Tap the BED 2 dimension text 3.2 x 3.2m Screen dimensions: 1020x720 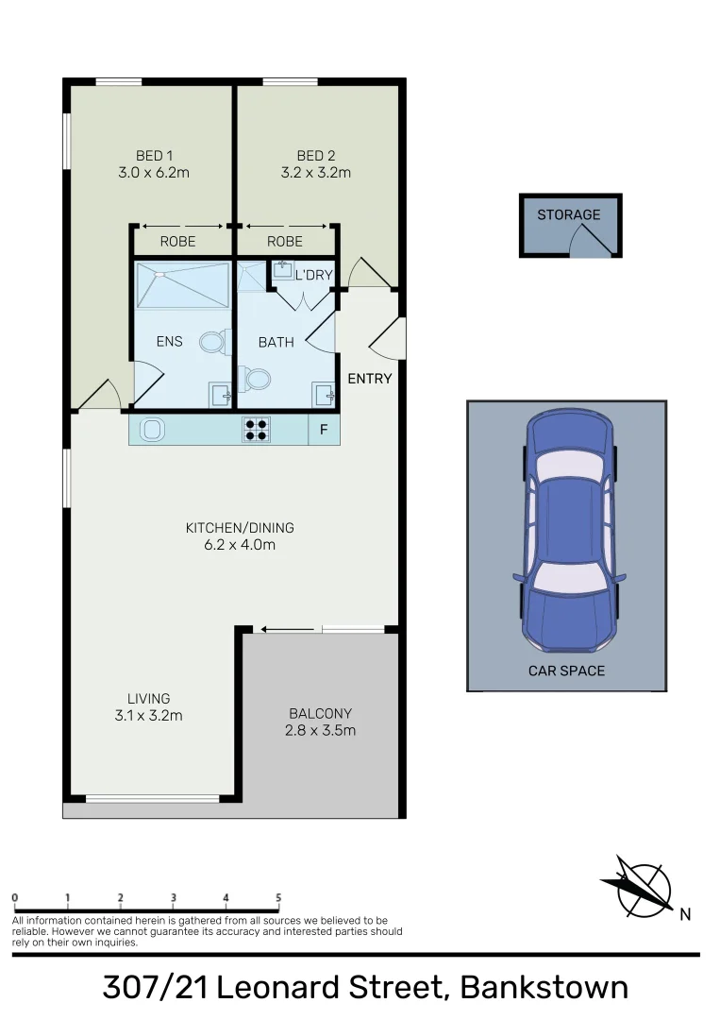click(x=315, y=173)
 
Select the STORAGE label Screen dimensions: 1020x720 click(x=568, y=215)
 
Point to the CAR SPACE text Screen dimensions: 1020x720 click(x=566, y=671)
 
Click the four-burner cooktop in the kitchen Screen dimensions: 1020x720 click(x=257, y=431)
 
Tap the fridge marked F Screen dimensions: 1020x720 click(x=324, y=431)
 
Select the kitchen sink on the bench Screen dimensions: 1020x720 click(x=152, y=431)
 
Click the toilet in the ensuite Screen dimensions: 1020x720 click(x=216, y=342)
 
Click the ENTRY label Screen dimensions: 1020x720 click(x=369, y=379)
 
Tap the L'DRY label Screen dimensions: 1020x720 click(x=313, y=276)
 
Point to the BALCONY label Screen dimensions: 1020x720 click(x=320, y=714)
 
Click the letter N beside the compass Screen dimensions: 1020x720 click(x=685, y=913)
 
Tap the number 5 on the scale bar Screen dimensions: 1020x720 click(x=278, y=897)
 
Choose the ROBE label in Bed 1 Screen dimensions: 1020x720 click(x=177, y=242)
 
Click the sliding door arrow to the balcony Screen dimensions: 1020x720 click(x=287, y=629)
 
